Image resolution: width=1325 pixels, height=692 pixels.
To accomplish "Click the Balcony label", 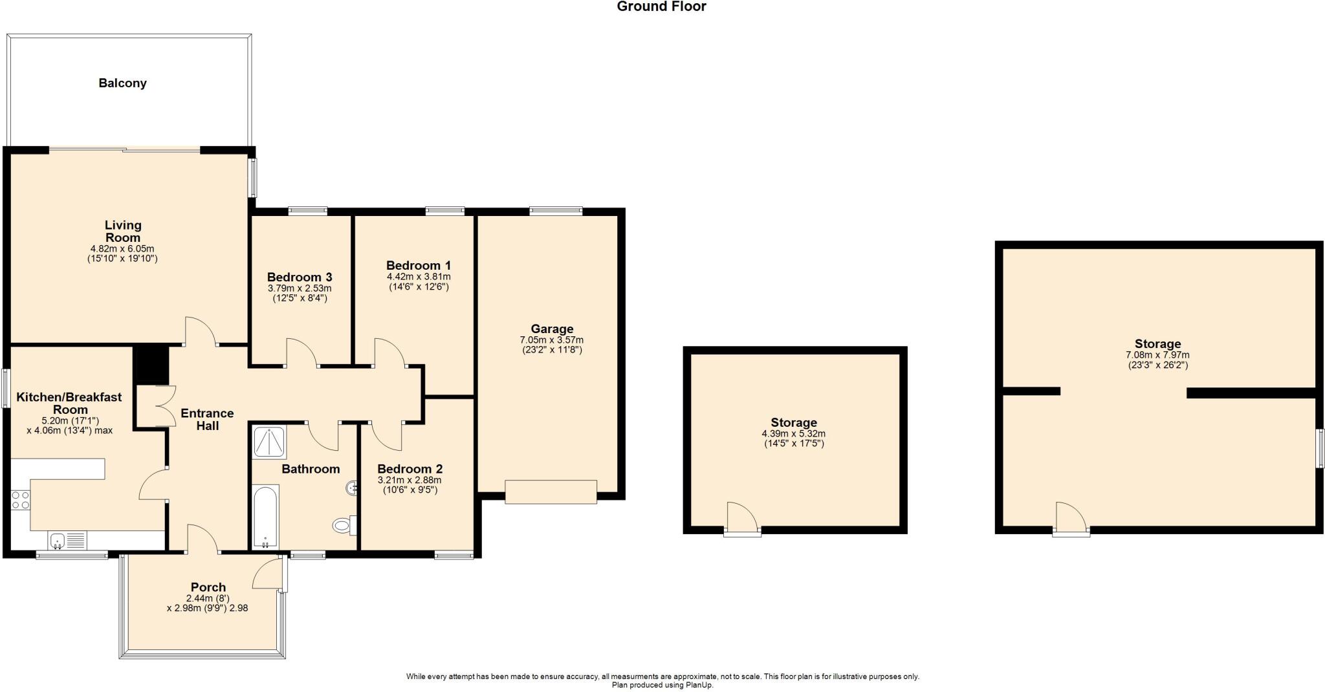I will (122, 83).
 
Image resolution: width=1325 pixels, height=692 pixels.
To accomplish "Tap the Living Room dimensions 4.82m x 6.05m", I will (122, 248).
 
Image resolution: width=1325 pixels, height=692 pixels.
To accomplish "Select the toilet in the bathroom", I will (344, 525).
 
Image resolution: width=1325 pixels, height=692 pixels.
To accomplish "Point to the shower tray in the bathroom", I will (269, 443).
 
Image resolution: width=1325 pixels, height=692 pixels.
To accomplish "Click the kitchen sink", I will (58, 540).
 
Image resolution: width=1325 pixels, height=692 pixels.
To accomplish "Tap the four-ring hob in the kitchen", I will (20, 499).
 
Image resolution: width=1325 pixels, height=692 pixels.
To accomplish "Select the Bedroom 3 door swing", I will (301, 353).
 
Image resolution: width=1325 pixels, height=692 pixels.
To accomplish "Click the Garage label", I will (552, 329).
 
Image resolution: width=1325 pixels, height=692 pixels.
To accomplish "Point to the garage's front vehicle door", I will (551, 492).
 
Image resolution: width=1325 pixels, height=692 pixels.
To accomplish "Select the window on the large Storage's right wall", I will (1320, 448).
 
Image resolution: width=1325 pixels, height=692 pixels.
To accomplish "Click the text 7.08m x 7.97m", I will (1157, 355).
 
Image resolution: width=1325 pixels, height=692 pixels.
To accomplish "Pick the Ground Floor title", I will (661, 7).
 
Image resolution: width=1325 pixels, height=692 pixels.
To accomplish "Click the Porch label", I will (208, 587).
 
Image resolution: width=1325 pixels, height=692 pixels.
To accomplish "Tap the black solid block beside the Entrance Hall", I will (151, 365).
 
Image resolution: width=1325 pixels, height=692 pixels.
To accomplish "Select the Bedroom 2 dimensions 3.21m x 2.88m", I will (409, 480).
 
